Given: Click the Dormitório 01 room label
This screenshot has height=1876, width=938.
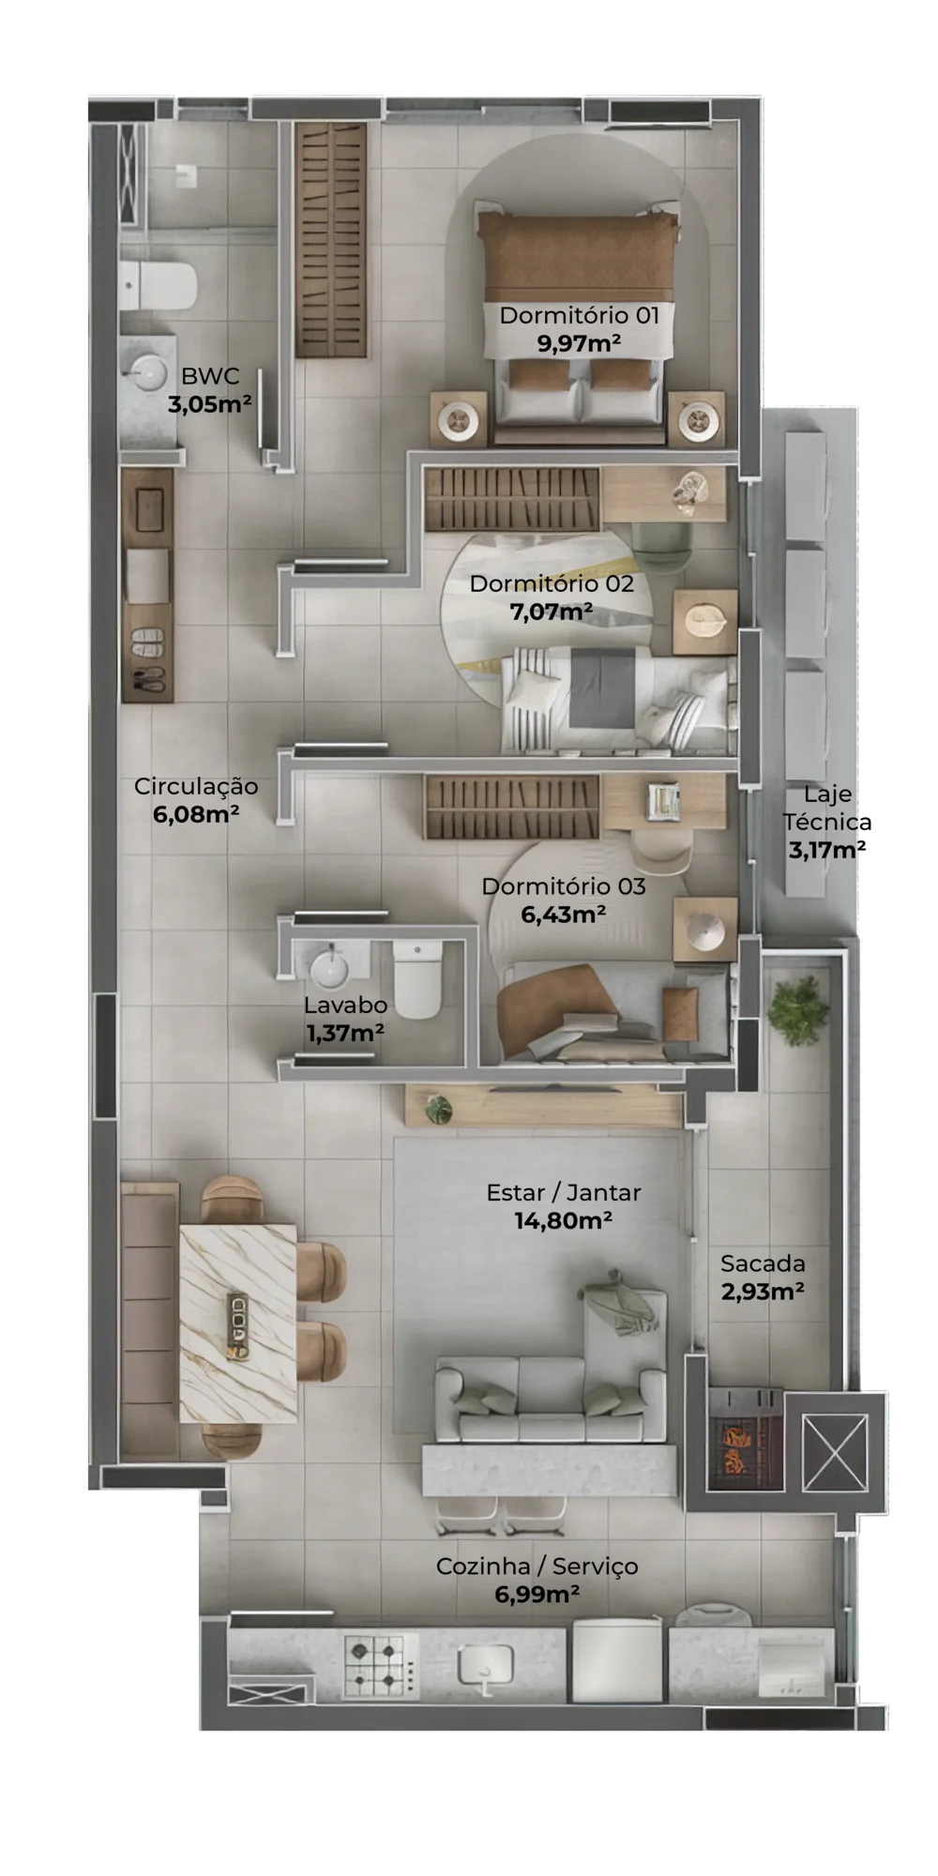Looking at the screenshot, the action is point(579,315).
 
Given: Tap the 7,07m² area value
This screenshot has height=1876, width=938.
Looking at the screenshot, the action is point(551,613).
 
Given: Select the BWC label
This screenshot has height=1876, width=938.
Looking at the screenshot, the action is point(210,376).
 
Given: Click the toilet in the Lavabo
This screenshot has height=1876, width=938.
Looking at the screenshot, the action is point(416,980).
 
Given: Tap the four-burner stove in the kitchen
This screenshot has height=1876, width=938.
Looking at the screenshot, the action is point(380,1664).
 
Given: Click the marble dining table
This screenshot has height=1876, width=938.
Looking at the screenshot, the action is point(237,1324).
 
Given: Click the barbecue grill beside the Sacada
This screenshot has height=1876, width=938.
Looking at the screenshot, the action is point(744,1437).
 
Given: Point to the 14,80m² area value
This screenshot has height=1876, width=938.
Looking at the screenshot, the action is point(563,1220).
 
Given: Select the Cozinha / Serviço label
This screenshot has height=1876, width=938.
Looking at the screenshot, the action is point(537,1566).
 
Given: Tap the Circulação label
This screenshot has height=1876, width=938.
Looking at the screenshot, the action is point(196,786).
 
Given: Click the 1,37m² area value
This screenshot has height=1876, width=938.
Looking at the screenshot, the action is point(344,1033).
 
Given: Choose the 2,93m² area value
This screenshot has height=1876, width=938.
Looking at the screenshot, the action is point(762,1291).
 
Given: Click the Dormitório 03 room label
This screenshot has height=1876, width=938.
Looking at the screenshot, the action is point(564,886).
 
